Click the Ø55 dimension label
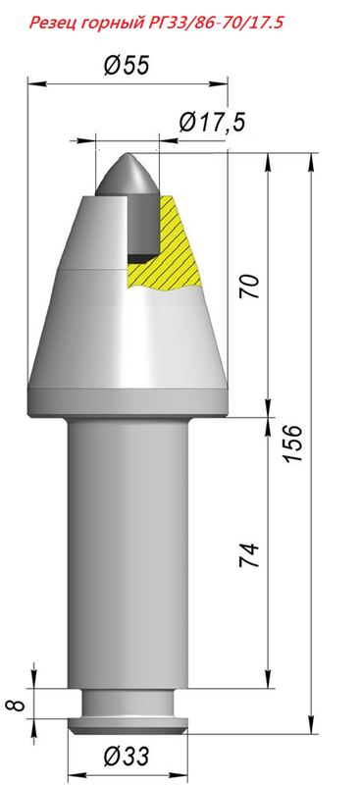[127, 65]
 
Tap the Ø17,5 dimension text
[212, 122]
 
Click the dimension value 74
[249, 554]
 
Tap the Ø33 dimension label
[127, 756]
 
